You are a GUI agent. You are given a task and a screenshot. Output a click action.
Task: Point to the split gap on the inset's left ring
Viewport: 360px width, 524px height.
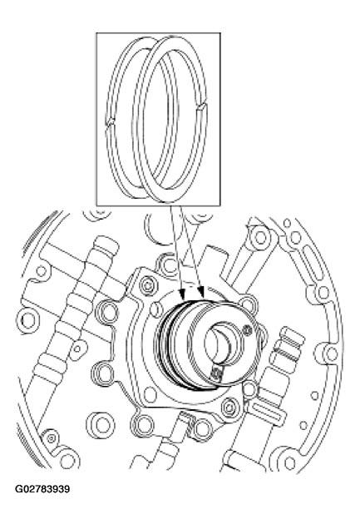[x=111, y=126]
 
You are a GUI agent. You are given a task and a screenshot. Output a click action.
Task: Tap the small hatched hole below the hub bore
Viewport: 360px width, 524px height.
[x=218, y=376]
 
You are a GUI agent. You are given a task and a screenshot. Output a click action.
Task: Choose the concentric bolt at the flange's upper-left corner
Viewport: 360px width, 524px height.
[x=147, y=286]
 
